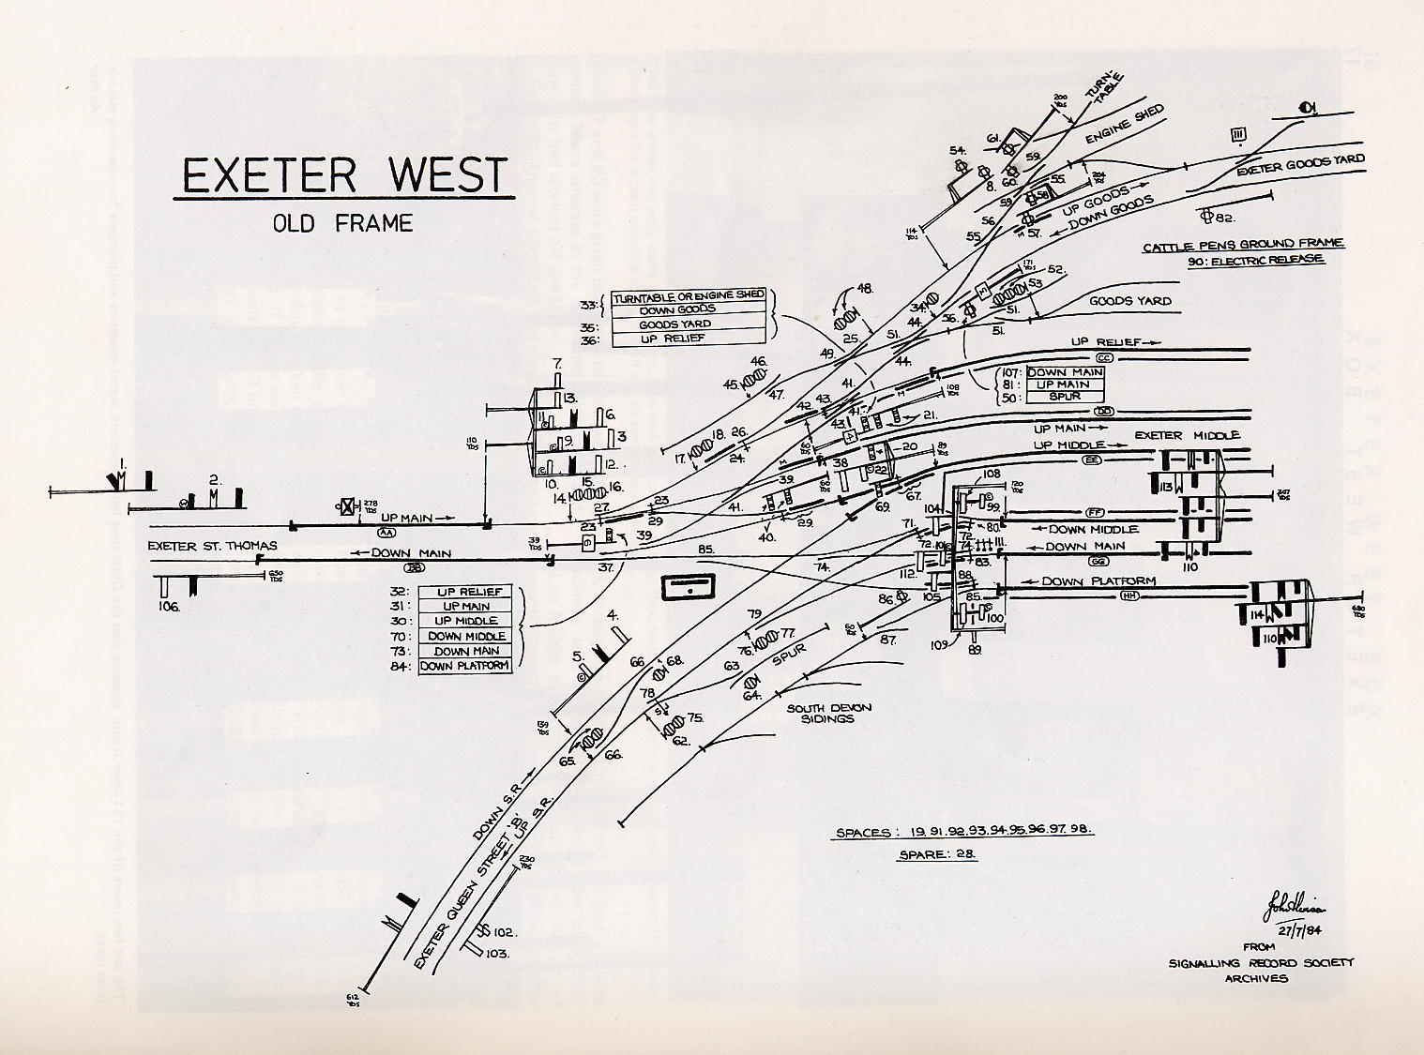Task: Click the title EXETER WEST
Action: pyautogui.click(x=343, y=175)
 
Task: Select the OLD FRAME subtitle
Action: pyautogui.click(x=342, y=223)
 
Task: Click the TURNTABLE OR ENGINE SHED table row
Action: pyautogui.click(x=689, y=296)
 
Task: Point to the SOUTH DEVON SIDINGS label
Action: pyautogui.click(x=820, y=714)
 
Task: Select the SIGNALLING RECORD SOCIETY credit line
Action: pyautogui.click(x=1262, y=963)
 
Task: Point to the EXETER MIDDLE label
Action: pyautogui.click(x=1187, y=435)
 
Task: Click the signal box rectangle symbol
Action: pyautogui.click(x=689, y=588)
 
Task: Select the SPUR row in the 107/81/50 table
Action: pyautogui.click(x=1066, y=397)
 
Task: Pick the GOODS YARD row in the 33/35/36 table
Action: pyautogui.click(x=689, y=324)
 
